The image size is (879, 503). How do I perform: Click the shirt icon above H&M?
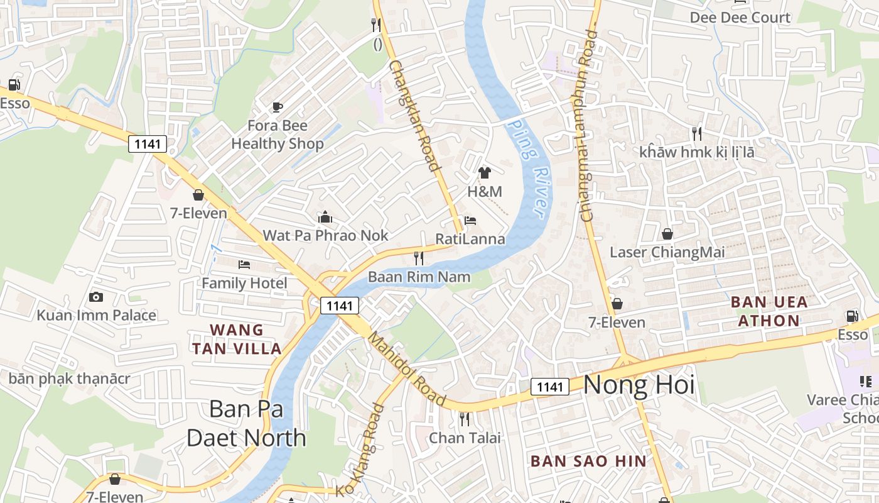(484, 173)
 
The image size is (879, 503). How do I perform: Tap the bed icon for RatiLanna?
(470, 221)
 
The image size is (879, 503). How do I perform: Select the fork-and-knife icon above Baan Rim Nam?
(419, 258)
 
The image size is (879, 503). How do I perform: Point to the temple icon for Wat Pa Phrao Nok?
(325, 218)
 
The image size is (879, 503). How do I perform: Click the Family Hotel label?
(244, 283)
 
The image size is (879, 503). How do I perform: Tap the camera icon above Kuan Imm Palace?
(96, 297)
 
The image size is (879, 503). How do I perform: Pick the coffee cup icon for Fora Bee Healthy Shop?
(278, 107)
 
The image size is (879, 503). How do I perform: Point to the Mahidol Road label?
(406, 369)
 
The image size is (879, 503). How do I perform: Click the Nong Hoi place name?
(639, 385)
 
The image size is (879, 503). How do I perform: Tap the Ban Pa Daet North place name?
(246, 423)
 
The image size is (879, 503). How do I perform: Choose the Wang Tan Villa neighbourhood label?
(237, 339)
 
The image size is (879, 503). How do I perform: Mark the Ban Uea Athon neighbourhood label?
(769, 311)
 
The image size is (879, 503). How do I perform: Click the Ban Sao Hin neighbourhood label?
(588, 461)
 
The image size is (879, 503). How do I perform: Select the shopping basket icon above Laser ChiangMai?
(667, 234)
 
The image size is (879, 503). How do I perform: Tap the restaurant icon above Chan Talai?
(465, 419)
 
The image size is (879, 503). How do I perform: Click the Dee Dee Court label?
(740, 18)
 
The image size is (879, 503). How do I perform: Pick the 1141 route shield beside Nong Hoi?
(550, 387)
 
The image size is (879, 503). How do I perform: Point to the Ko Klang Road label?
(360, 450)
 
